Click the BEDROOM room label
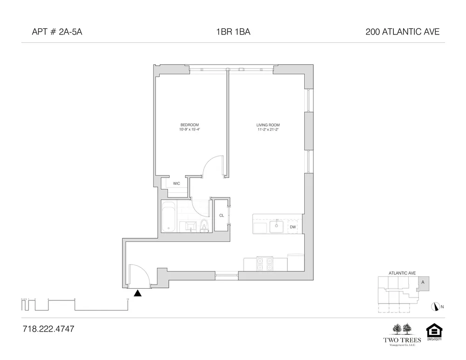click(x=190, y=125)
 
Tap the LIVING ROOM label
click(x=268, y=125)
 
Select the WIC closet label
click(x=177, y=183)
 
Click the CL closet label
click(x=222, y=215)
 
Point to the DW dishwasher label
click(x=293, y=227)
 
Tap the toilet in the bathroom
click(x=204, y=226)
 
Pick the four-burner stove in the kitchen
click(x=265, y=264)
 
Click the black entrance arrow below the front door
click(x=137, y=293)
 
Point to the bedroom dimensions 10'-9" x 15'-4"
click(x=190, y=129)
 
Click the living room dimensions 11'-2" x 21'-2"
click(x=268, y=129)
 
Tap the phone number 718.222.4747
click(x=48, y=329)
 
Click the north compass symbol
click(x=437, y=306)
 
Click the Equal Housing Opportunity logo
click(x=434, y=333)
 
